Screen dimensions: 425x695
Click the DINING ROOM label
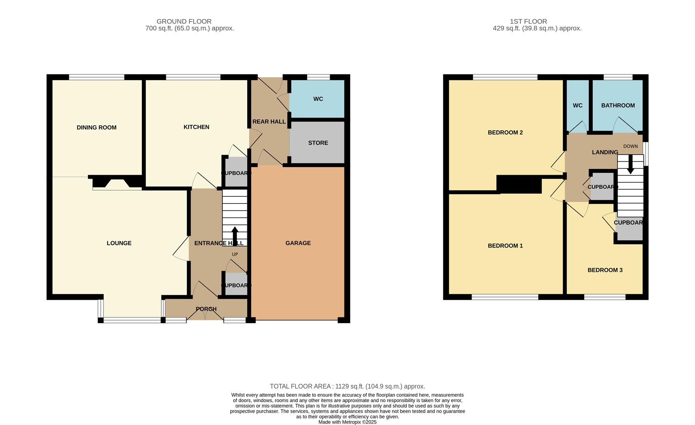click(96, 128)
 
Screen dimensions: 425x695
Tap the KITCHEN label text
click(196, 127)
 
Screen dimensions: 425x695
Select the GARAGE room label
click(298, 243)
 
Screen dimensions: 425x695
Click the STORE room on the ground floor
click(318, 143)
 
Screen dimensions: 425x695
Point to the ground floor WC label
click(318, 99)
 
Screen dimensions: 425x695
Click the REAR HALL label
click(269, 122)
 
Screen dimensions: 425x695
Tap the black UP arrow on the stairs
click(235, 235)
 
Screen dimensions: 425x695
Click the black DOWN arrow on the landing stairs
click(630, 164)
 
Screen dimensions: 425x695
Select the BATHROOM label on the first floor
click(618, 105)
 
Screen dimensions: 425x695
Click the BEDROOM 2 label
click(505, 133)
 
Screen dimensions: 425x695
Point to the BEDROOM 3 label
click(605, 270)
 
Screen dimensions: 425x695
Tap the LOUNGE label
click(119, 243)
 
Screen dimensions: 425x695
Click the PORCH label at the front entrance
click(206, 309)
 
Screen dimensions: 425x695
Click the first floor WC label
click(578, 105)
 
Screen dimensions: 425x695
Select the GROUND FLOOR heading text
click(184, 21)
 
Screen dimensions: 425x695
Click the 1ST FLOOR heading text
click(528, 21)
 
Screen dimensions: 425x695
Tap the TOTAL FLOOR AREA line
click(347, 386)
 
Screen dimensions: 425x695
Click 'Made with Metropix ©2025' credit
click(347, 422)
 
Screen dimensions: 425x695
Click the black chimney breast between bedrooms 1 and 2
click(519, 184)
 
